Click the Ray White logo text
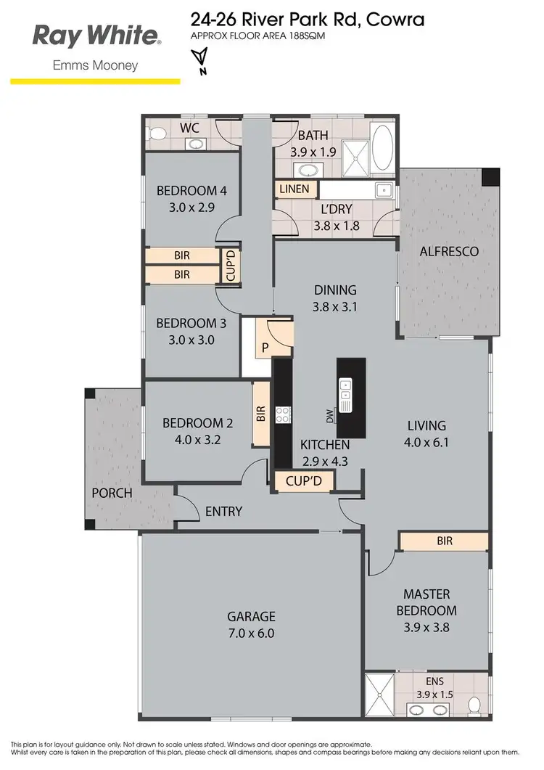point(95,35)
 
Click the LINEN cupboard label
point(294,189)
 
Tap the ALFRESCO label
point(449,252)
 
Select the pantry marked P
point(265,347)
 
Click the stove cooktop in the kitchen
point(281,415)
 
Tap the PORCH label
point(112,493)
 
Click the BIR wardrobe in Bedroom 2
point(260,414)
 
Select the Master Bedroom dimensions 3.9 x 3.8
point(429,626)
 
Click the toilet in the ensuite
point(474,704)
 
